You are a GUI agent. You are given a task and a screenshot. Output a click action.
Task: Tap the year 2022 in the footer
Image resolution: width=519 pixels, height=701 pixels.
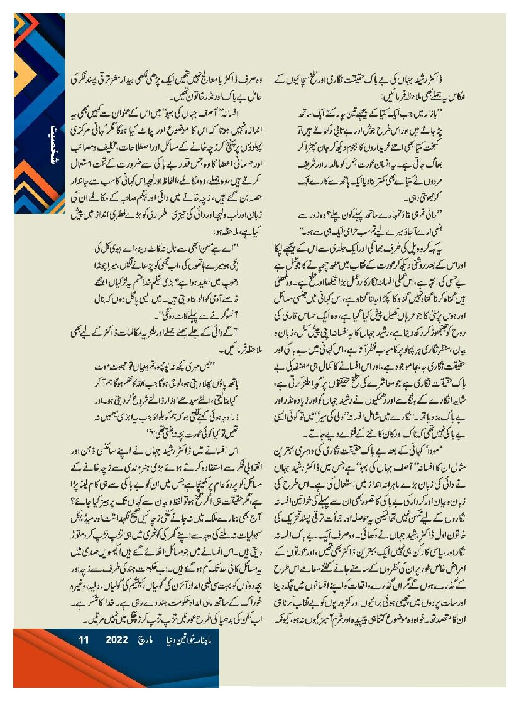pyautogui.click(x=117, y=640)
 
